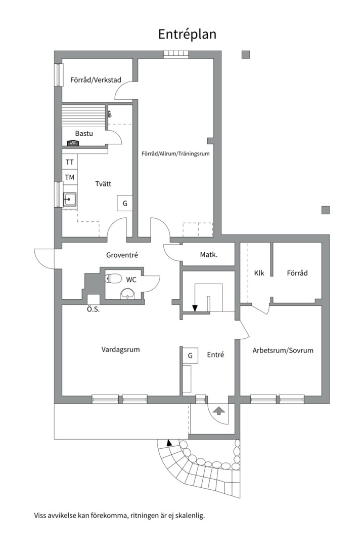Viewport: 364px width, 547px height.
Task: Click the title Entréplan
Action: pos(188,34)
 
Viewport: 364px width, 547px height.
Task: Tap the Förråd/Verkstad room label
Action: pos(96,80)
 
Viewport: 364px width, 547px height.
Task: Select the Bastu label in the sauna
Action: pos(84,133)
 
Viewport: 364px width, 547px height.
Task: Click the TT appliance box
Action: pos(70,162)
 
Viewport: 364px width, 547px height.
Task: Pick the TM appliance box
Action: pos(70,177)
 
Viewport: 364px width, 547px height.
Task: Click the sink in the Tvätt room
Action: pos(70,199)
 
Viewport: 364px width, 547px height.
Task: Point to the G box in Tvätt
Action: pos(125,203)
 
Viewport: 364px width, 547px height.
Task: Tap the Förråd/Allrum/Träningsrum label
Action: pos(175,153)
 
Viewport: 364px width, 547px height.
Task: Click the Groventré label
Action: pos(122,255)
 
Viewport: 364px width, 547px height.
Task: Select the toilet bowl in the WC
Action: pos(113,278)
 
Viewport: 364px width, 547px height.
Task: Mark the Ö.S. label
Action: pos(93,309)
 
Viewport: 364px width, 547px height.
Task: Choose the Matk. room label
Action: pos(209,255)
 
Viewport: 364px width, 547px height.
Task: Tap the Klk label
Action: pos(259,273)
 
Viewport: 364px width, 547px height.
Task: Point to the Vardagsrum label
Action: pos(120,349)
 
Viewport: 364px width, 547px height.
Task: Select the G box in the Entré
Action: pos(190,356)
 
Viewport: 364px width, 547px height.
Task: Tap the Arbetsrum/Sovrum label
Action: pos(283,350)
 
